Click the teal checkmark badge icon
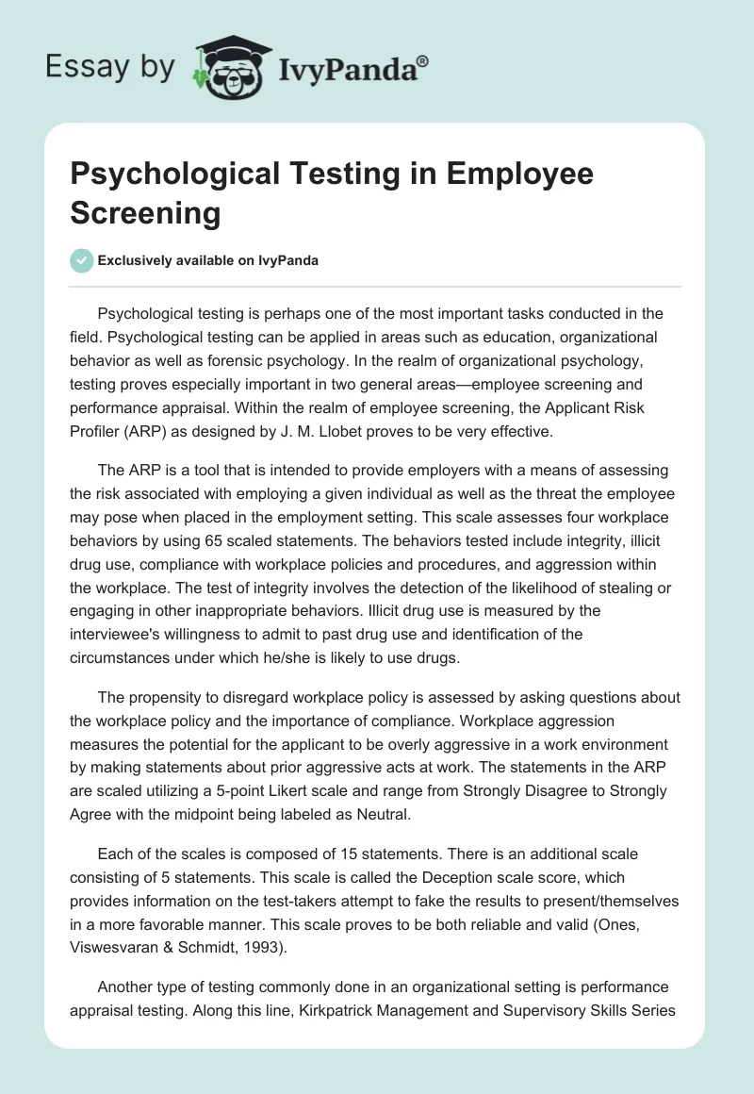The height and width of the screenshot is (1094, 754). [x=82, y=260]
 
